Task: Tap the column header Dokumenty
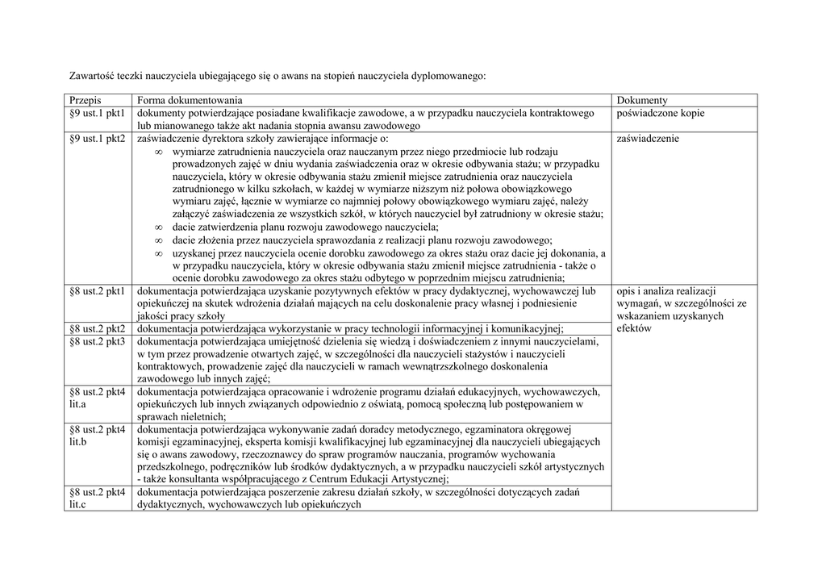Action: point(641,101)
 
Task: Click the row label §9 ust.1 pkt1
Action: point(97,114)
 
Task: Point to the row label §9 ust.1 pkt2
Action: point(97,139)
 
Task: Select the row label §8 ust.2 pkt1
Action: point(97,290)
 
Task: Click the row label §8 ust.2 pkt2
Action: point(97,328)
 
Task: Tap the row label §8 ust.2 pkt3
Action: point(97,341)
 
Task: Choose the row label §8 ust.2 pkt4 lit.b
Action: point(97,436)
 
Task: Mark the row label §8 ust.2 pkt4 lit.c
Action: point(97,498)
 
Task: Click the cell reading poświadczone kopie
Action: point(660,114)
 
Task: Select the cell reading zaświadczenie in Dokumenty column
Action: point(647,139)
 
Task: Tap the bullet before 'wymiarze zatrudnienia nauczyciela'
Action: point(159,152)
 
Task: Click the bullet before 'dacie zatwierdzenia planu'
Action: point(159,227)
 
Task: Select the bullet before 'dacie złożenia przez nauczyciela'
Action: point(159,240)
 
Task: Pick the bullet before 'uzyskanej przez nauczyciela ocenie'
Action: point(159,253)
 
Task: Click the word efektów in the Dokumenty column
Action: point(634,328)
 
